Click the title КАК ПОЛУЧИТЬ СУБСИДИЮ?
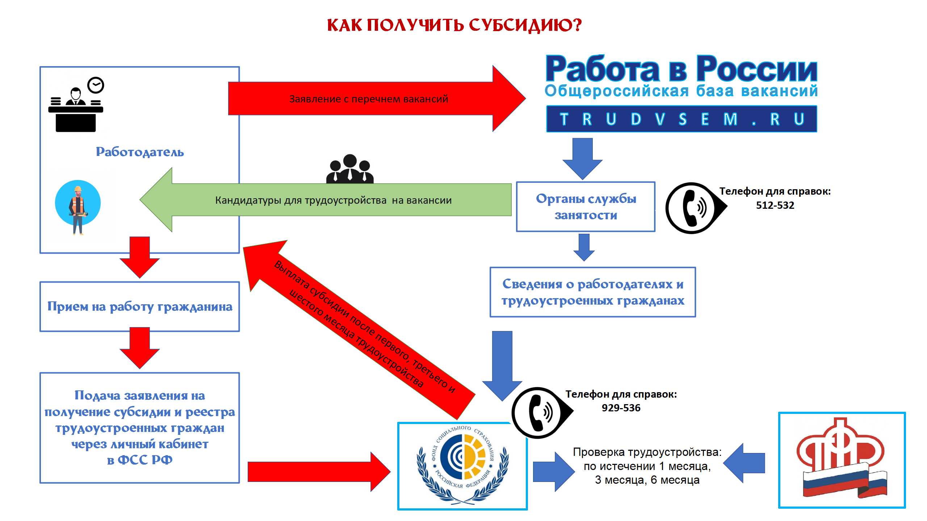pos(454,25)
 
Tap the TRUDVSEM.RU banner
pos(681,119)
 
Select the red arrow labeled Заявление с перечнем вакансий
pos(369,99)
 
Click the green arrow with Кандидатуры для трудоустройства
pos(333,200)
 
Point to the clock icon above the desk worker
pos(96,85)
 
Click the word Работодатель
pos(140,152)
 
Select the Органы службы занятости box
pos(586,207)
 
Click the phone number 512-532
pos(775,206)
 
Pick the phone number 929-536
pos(621,408)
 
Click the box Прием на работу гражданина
pos(140,307)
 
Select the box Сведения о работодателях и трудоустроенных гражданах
pos(593,292)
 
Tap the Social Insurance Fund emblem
pos(462,465)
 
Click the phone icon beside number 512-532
pos(692,208)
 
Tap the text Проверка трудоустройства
pos(647,452)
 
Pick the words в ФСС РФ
pos(140,460)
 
